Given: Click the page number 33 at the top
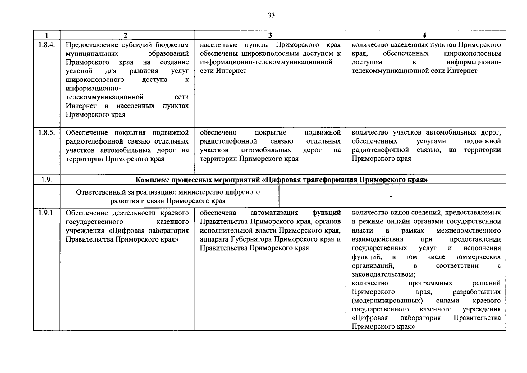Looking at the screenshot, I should click(271, 16).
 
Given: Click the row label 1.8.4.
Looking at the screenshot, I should click(47, 45).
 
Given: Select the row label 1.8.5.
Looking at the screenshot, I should click(47, 133).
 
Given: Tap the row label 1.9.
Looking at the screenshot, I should click(46, 180).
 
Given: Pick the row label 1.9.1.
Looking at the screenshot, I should click(47, 213).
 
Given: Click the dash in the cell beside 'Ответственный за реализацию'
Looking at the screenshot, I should click(391, 196).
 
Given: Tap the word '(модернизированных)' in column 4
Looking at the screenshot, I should click(387, 301).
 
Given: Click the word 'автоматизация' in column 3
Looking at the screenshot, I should click(274, 213).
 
